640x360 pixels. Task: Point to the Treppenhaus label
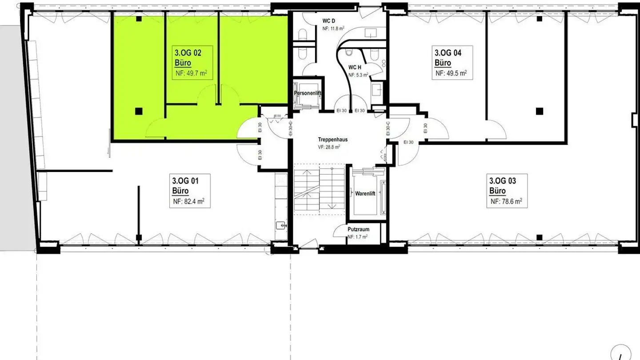tap(332, 140)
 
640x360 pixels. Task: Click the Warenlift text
tap(366, 194)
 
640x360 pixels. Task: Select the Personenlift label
tap(308, 93)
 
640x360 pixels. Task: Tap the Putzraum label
tap(358, 229)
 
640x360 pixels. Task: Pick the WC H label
tap(355, 68)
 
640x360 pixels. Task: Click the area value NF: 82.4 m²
tap(189, 201)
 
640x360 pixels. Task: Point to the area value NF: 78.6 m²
tap(506, 201)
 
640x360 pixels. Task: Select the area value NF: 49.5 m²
tap(451, 73)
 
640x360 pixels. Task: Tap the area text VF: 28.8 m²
tap(329, 147)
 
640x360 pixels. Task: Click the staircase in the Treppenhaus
tap(319, 189)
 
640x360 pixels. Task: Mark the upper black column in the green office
tap(139, 19)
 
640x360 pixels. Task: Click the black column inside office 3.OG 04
tap(539, 110)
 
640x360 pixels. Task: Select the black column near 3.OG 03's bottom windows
tap(539, 237)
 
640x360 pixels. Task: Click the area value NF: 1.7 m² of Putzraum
tap(358, 236)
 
